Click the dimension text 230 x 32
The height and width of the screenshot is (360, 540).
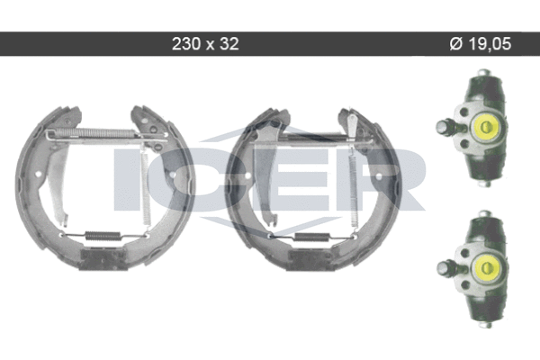click(205, 44)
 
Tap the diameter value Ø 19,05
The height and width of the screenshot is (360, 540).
click(481, 44)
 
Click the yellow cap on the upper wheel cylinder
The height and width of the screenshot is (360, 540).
click(486, 127)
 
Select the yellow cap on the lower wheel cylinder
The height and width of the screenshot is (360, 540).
click(486, 267)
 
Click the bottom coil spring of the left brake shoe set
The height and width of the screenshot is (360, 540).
click(103, 236)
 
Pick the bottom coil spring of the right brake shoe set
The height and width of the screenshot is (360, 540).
click(312, 237)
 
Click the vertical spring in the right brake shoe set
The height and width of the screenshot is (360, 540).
click(354, 189)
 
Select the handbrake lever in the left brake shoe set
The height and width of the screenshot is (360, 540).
click(58, 183)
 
